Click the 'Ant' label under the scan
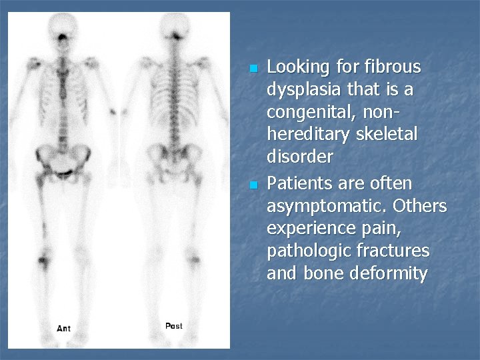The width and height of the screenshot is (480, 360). (x=64, y=328)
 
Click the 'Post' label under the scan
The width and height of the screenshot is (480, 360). (x=173, y=326)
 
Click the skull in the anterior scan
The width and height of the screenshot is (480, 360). (x=65, y=25)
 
